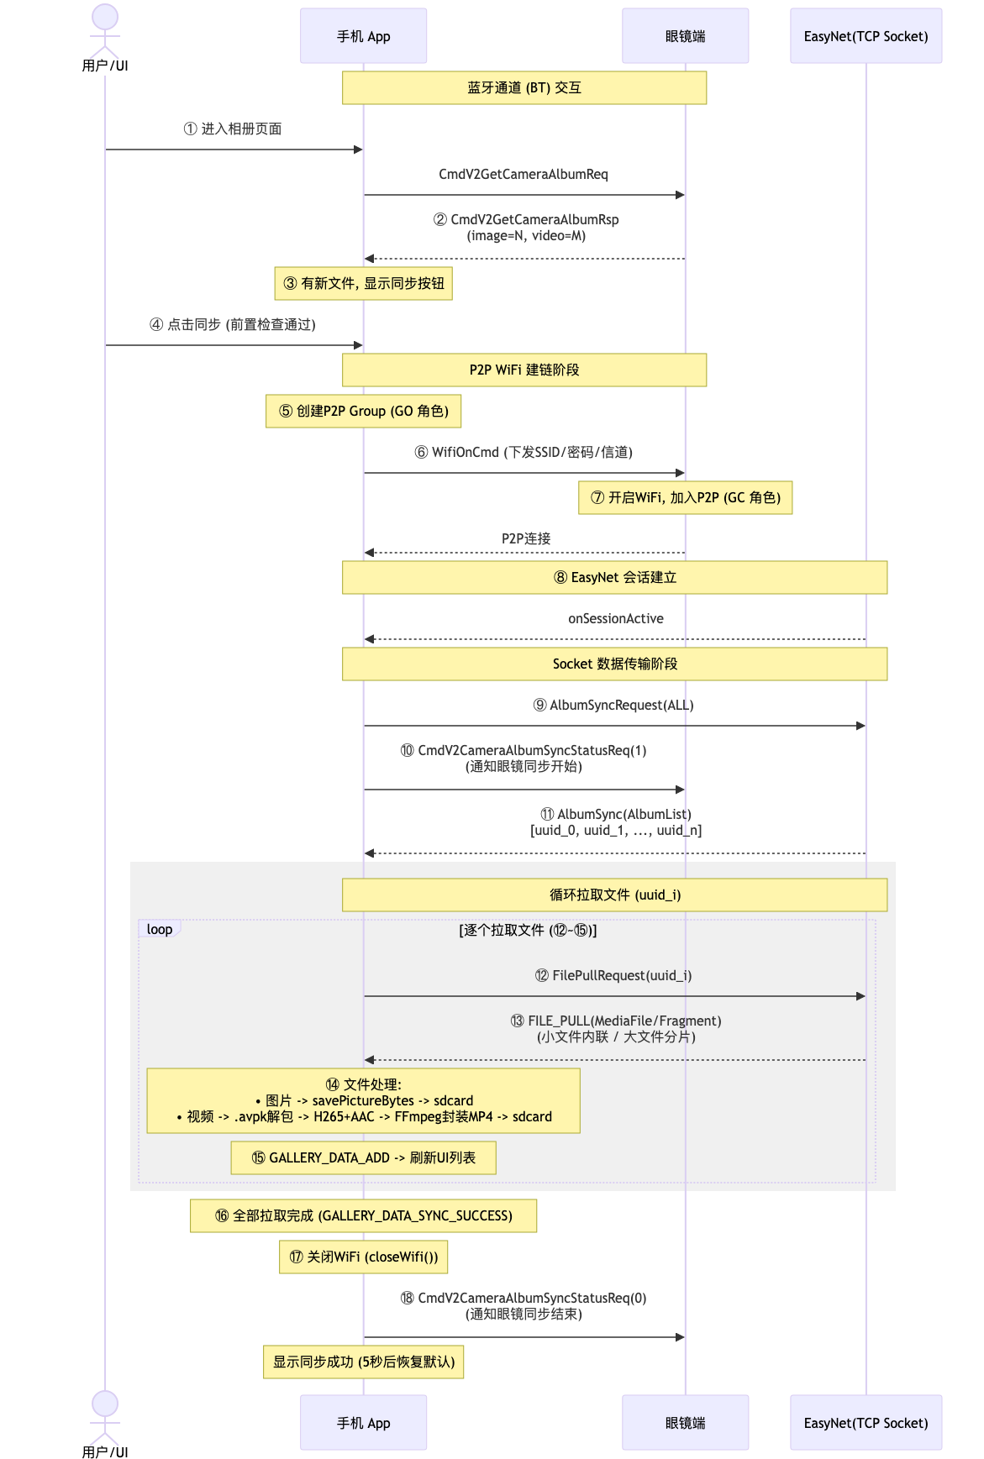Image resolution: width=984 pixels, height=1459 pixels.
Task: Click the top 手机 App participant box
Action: tap(363, 36)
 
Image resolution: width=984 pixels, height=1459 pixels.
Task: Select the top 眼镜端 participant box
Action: tap(685, 36)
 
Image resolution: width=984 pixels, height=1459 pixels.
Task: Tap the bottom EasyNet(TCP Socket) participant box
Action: tap(866, 1423)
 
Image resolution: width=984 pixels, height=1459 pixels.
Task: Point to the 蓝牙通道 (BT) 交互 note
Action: tap(524, 87)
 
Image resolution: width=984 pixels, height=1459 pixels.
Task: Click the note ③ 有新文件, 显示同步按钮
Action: tap(363, 283)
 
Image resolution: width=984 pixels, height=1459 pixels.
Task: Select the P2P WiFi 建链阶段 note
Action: tap(524, 370)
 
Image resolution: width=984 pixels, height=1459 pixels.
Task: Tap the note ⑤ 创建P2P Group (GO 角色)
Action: tap(363, 411)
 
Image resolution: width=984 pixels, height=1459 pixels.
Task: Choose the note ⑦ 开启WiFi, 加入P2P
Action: tap(685, 497)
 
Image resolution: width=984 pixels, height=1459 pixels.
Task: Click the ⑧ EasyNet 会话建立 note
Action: tap(615, 577)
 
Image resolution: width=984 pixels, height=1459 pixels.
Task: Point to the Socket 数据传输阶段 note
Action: tap(615, 664)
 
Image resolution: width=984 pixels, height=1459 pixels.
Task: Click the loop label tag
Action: tap(160, 929)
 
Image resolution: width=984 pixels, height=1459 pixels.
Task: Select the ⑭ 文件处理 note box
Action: tap(363, 1100)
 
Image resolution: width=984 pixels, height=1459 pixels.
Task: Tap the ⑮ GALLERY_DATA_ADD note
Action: tap(363, 1157)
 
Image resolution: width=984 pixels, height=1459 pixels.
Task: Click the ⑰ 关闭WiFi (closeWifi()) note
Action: tap(363, 1257)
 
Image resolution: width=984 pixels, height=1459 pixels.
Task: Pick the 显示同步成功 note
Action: tap(363, 1362)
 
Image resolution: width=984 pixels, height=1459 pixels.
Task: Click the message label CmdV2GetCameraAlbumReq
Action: tap(524, 174)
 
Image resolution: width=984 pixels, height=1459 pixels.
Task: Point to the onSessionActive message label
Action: tap(616, 618)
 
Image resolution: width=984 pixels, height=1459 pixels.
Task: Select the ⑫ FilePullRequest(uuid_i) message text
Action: tap(613, 975)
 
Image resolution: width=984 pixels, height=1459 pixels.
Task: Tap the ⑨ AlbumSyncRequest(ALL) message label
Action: tap(613, 705)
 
